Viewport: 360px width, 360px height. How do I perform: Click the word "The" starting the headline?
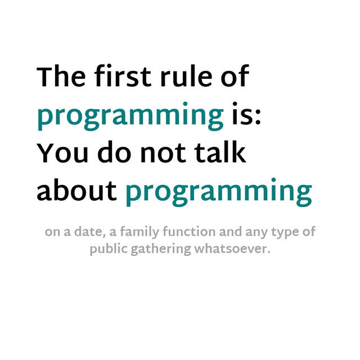[x=61, y=76]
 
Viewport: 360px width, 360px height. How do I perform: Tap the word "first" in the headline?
[x=123, y=76]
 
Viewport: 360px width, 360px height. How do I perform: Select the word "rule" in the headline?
[x=186, y=76]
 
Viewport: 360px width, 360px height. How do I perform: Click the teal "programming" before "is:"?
[x=130, y=116]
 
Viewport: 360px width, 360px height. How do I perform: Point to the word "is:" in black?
[x=246, y=114]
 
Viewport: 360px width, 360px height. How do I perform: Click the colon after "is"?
[x=258, y=116]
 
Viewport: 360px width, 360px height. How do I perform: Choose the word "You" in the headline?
[x=62, y=152]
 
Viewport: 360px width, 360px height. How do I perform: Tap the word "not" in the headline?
[x=164, y=152]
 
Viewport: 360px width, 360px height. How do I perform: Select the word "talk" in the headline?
[x=220, y=151]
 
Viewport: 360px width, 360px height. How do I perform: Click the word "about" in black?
[x=76, y=190]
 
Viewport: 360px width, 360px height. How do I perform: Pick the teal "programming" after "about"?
[x=219, y=192]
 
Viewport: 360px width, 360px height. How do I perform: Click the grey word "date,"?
[x=88, y=231]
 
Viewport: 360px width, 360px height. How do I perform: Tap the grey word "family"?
[x=139, y=232]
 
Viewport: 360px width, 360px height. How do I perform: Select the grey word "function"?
[x=189, y=231]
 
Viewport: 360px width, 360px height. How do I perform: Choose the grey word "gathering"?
[x=161, y=250]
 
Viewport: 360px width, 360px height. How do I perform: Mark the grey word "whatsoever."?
[x=232, y=249]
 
